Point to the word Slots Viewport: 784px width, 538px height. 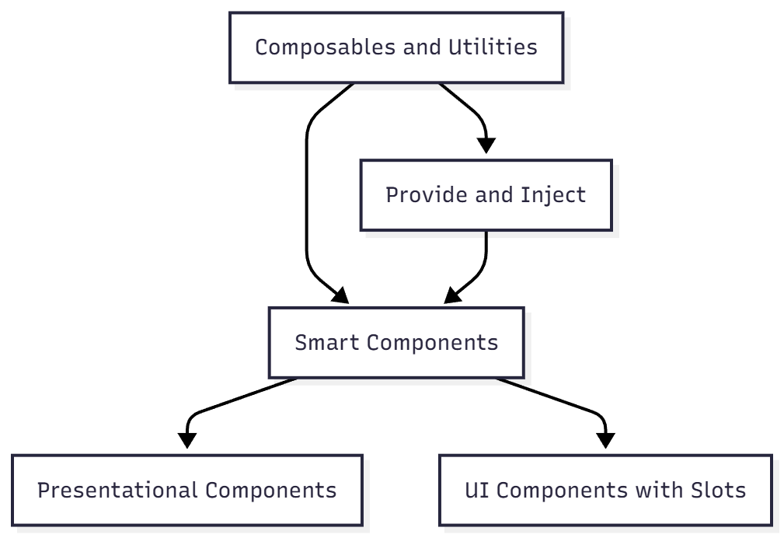pyautogui.click(x=718, y=491)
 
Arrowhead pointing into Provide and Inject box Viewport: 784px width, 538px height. pyautogui.click(x=486, y=146)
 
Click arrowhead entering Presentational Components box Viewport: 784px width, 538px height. pyautogui.click(x=187, y=442)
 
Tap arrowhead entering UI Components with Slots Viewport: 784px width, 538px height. pyautogui.click(x=605, y=442)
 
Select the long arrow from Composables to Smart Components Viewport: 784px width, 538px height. pyautogui.click(x=307, y=194)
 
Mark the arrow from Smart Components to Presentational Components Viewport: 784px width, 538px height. pyautogui.click(x=233, y=399)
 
